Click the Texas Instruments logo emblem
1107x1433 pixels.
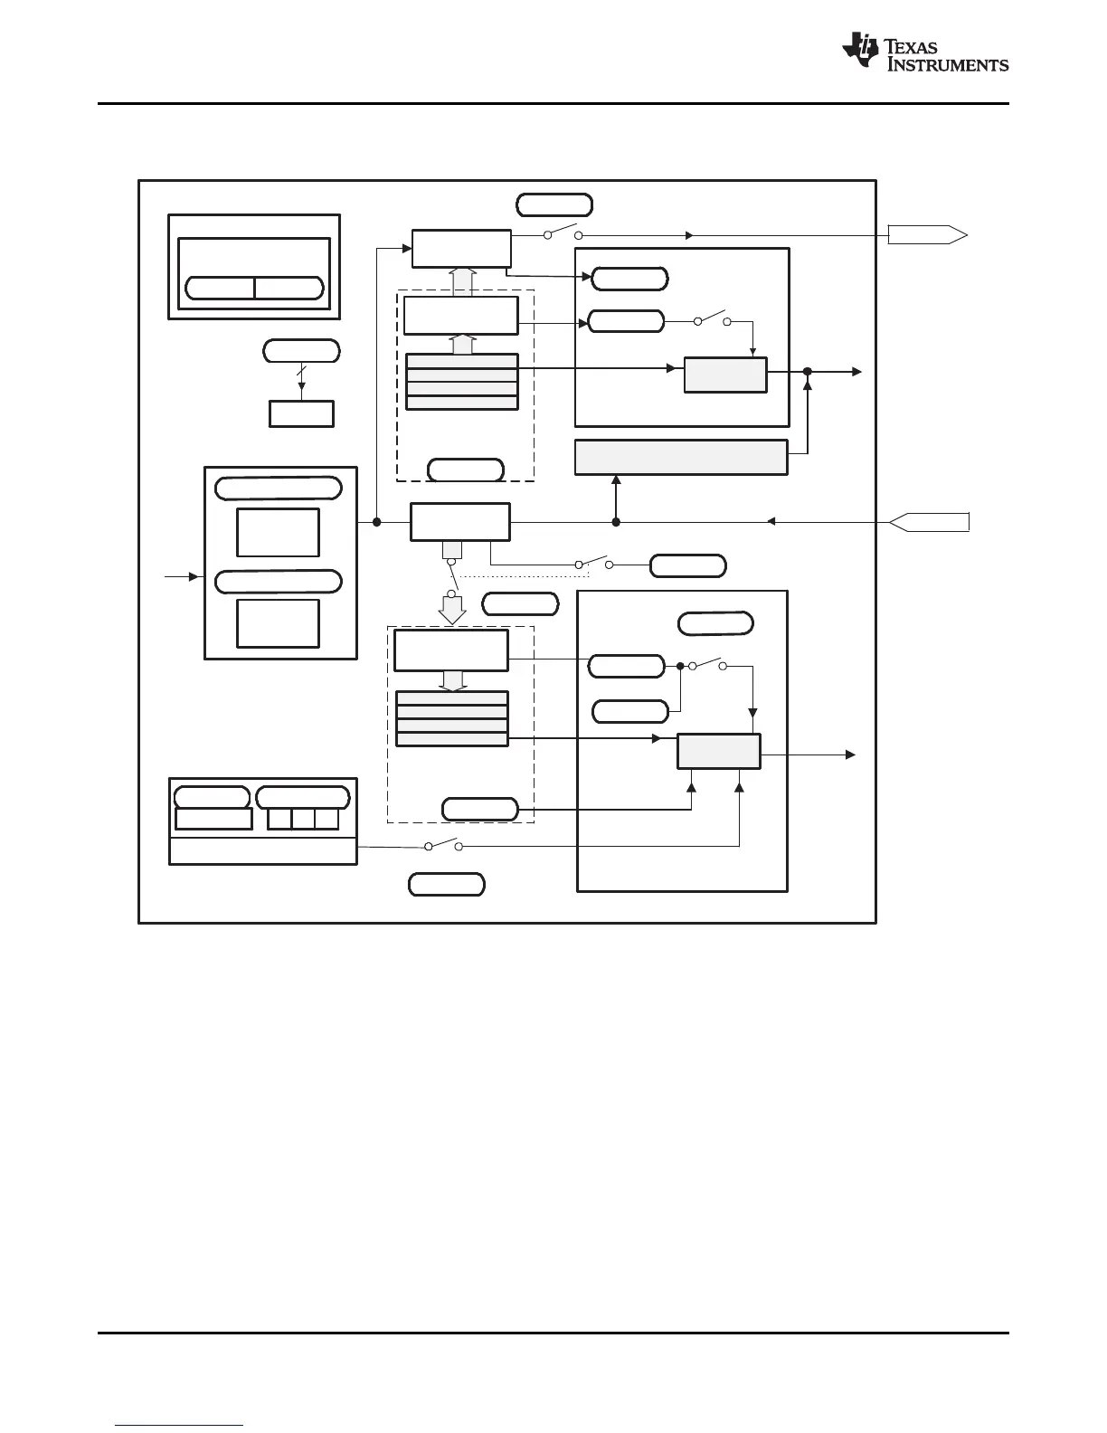click(x=860, y=51)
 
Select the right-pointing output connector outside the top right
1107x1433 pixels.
click(x=928, y=235)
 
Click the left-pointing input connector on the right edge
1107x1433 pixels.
click(x=930, y=522)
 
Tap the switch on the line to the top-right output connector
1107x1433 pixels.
click(x=562, y=233)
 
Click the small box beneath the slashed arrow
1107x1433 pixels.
click(x=301, y=413)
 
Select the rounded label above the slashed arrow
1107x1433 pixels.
click(x=301, y=350)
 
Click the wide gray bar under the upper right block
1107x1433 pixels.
click(x=681, y=457)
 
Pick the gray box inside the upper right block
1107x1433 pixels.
click(x=725, y=375)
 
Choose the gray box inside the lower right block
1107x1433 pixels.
click(x=719, y=751)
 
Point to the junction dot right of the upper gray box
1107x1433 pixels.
click(x=808, y=372)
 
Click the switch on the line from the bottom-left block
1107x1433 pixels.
click(x=443, y=845)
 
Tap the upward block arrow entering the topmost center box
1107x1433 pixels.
click(x=462, y=281)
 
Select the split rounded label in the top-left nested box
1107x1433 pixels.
click(x=254, y=288)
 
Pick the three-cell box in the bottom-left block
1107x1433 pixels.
click(x=303, y=819)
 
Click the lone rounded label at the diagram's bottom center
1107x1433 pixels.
click(x=446, y=884)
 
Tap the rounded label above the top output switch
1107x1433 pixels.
click(x=553, y=204)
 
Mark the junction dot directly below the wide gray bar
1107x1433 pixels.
click(x=616, y=522)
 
